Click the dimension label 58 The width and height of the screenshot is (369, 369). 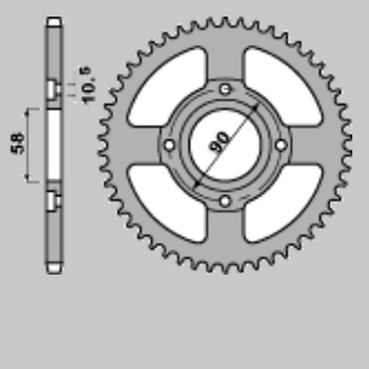coord(18,144)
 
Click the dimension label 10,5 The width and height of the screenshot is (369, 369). coord(87,85)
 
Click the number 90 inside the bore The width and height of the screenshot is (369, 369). coord(218,142)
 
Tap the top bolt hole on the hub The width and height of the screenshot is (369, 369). coord(225,90)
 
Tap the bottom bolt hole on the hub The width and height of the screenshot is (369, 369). coord(225,201)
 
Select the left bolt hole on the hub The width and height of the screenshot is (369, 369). coord(169,145)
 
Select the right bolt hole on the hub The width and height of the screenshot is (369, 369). coord(280,145)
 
